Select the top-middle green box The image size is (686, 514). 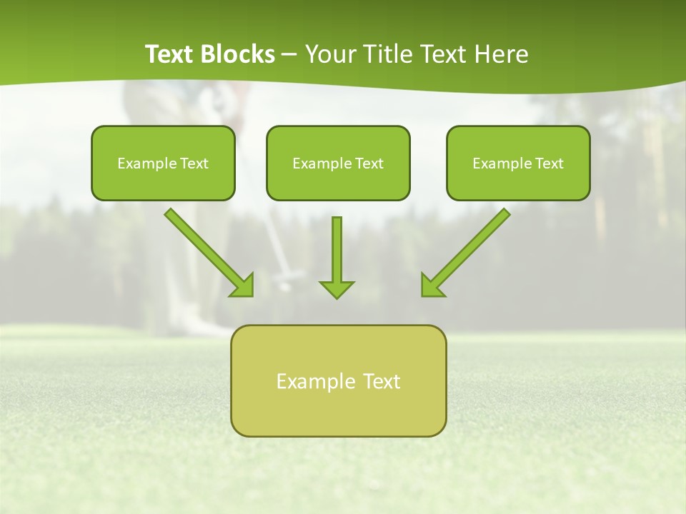(x=338, y=182)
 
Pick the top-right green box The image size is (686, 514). (x=518, y=182)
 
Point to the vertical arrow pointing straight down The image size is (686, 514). (x=337, y=250)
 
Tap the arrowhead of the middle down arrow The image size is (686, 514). (x=337, y=289)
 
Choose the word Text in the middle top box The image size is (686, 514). (x=369, y=163)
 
